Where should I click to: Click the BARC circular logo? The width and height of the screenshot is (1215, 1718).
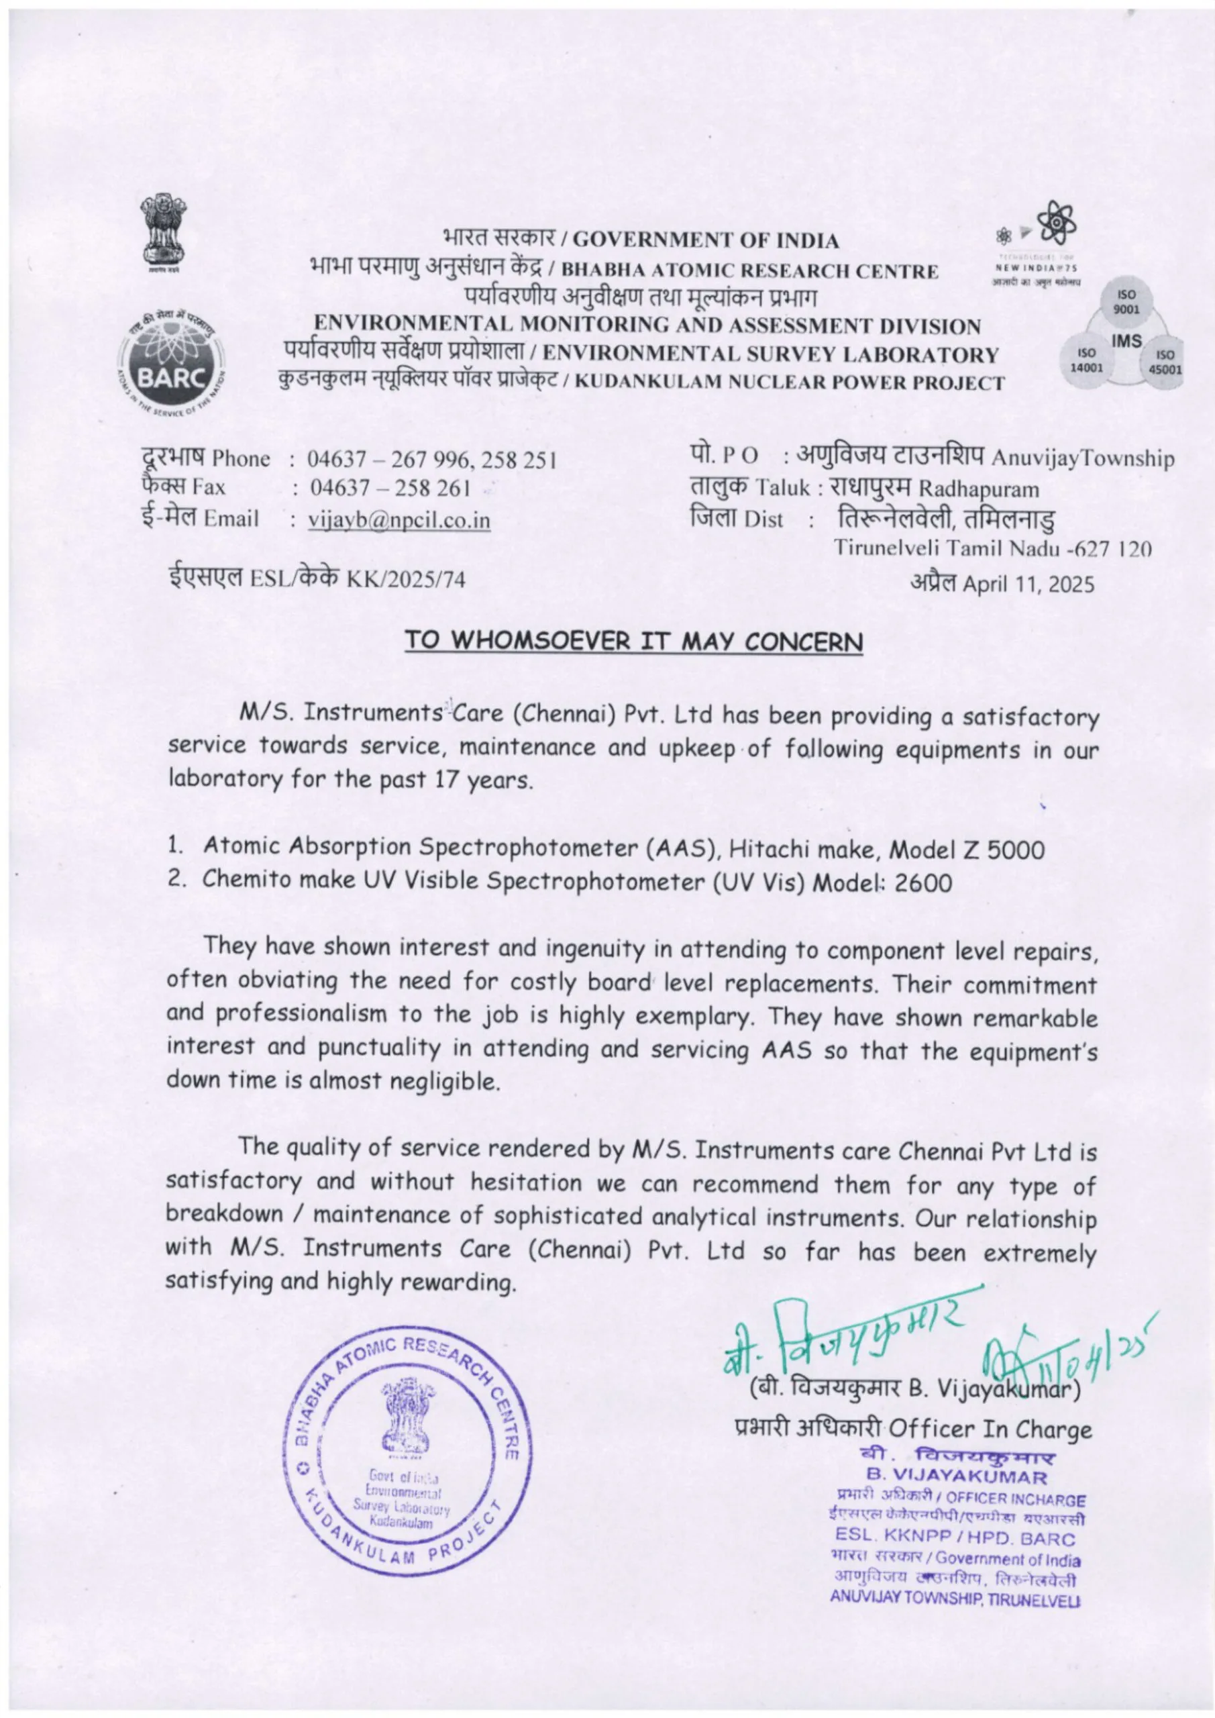(x=170, y=360)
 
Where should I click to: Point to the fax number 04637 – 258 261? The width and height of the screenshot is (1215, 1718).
(x=390, y=489)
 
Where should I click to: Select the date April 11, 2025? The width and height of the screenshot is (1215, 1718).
(x=1028, y=585)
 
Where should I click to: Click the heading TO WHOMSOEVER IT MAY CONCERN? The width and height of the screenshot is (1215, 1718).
(x=634, y=642)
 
